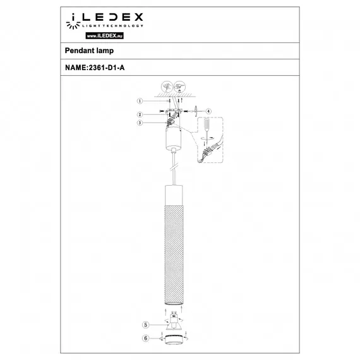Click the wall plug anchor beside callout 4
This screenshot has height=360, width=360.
click(196, 112)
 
